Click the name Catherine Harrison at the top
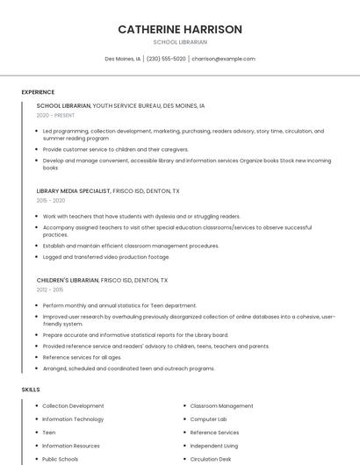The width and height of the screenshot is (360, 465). tap(180, 29)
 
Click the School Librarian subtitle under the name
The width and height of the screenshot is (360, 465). tap(180, 42)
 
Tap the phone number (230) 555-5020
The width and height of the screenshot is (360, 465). tap(166, 59)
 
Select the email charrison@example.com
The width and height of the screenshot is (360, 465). tap(223, 59)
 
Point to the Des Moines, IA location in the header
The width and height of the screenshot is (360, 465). tap(123, 59)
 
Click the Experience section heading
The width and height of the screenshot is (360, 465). tap(38, 92)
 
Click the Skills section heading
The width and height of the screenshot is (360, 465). tap(31, 389)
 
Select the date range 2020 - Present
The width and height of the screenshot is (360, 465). tap(55, 115)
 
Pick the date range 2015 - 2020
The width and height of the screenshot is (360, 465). tap(51, 200)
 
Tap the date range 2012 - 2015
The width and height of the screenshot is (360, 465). tap(50, 290)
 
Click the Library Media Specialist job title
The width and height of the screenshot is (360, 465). tap(74, 190)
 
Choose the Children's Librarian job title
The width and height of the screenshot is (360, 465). tap(68, 280)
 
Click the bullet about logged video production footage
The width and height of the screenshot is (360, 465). tap(106, 257)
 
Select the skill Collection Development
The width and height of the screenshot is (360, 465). tap(73, 406)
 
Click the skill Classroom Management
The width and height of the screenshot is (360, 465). tap(221, 406)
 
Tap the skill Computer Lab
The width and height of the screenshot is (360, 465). tap(208, 419)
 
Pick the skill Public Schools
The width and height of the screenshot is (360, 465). tap(60, 459)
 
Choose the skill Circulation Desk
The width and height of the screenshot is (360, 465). tap(211, 459)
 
